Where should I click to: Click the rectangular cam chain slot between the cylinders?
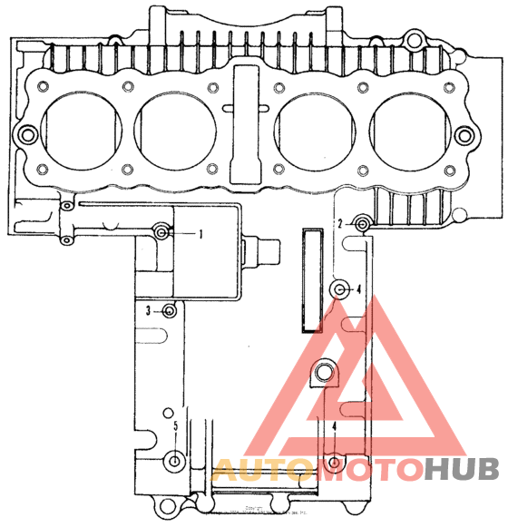246,122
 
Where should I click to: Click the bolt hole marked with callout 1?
161,233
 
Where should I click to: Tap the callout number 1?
200,233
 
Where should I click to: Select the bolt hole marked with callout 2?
362,223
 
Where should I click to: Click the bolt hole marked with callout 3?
170,311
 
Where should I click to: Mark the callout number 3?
149,311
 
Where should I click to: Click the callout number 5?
175,426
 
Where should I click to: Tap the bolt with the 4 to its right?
340,289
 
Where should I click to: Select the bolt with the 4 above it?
335,463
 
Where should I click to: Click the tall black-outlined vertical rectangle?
312,280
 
